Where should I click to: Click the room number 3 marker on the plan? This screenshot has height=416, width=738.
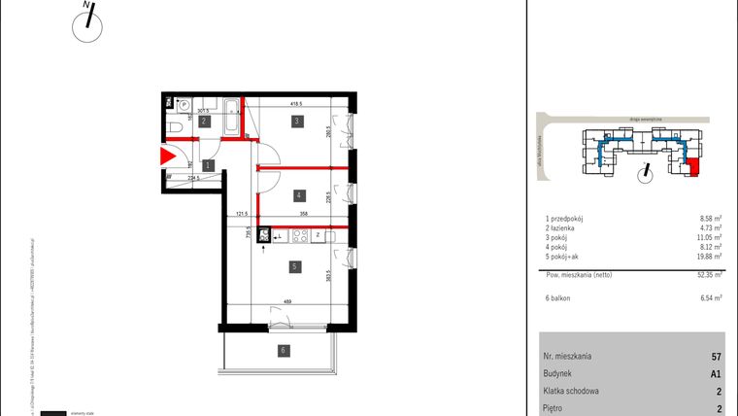pos(297,121)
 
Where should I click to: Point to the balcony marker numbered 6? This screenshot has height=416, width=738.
pos(283,350)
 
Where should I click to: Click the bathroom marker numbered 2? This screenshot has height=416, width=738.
pos(205,121)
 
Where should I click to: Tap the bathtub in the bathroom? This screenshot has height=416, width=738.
pos(233,119)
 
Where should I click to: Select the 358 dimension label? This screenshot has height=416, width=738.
pos(304,212)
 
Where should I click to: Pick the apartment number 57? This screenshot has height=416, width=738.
pos(716,357)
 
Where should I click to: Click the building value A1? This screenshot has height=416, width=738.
pos(716,372)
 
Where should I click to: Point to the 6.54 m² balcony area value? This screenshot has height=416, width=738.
pos(710,299)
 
